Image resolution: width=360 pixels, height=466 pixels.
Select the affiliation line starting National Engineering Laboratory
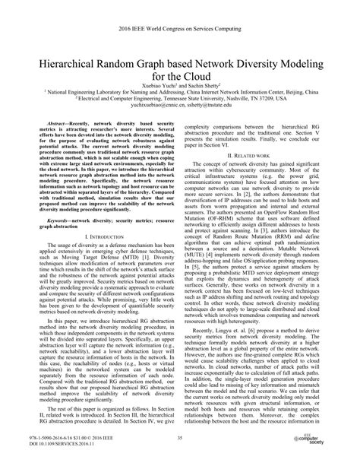179,95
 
